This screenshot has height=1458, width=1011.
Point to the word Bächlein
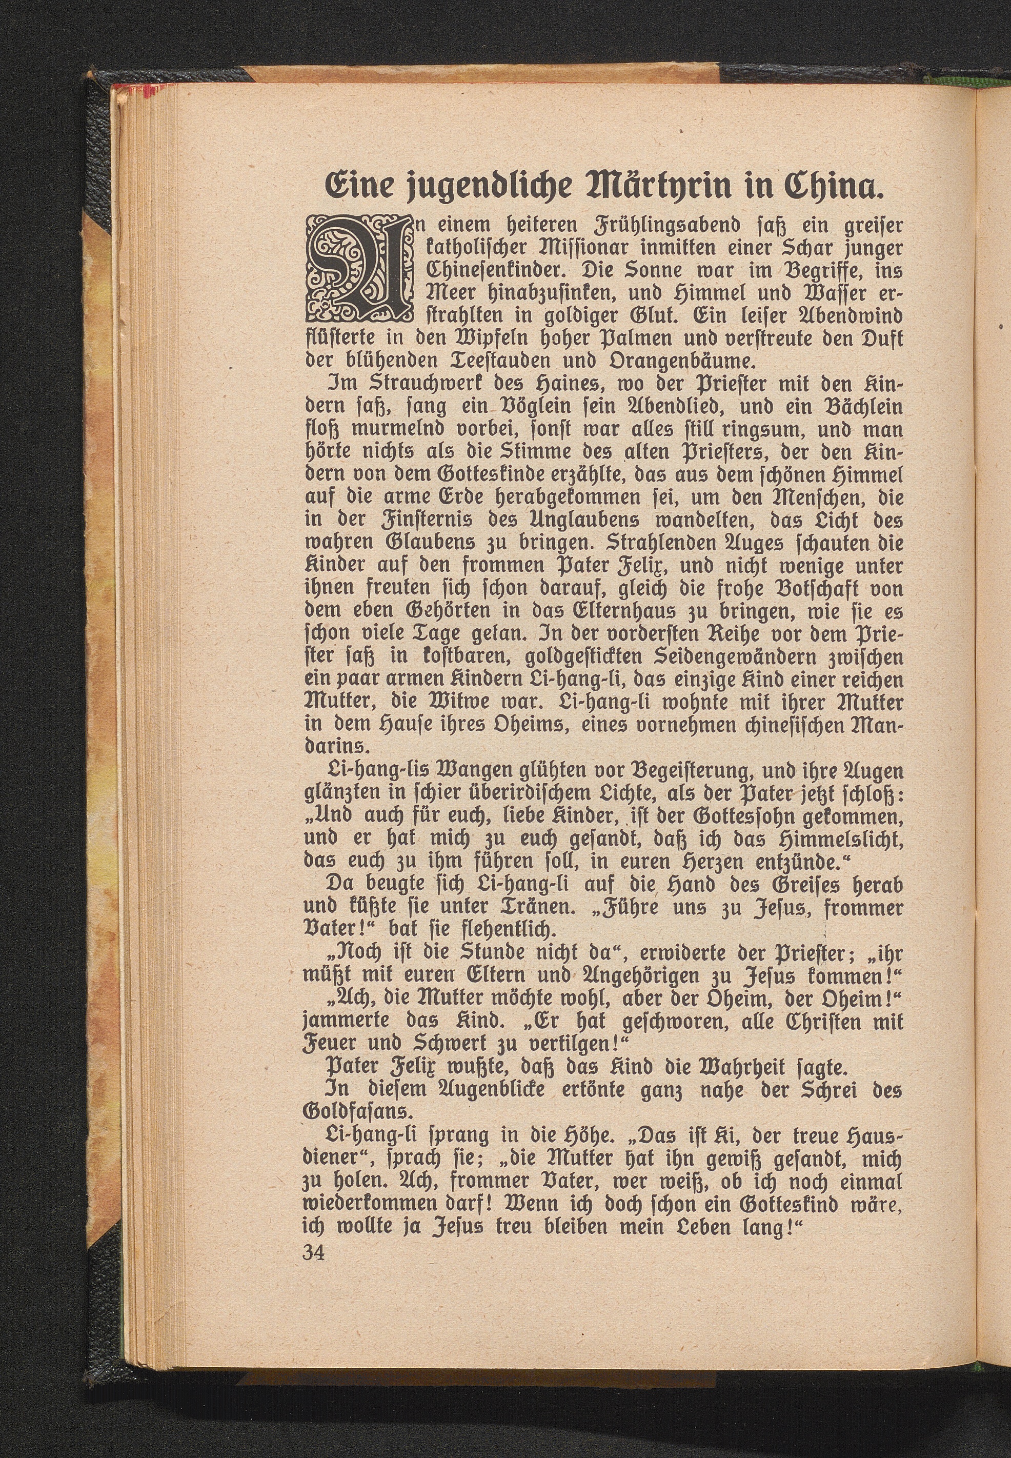click(x=847, y=407)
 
